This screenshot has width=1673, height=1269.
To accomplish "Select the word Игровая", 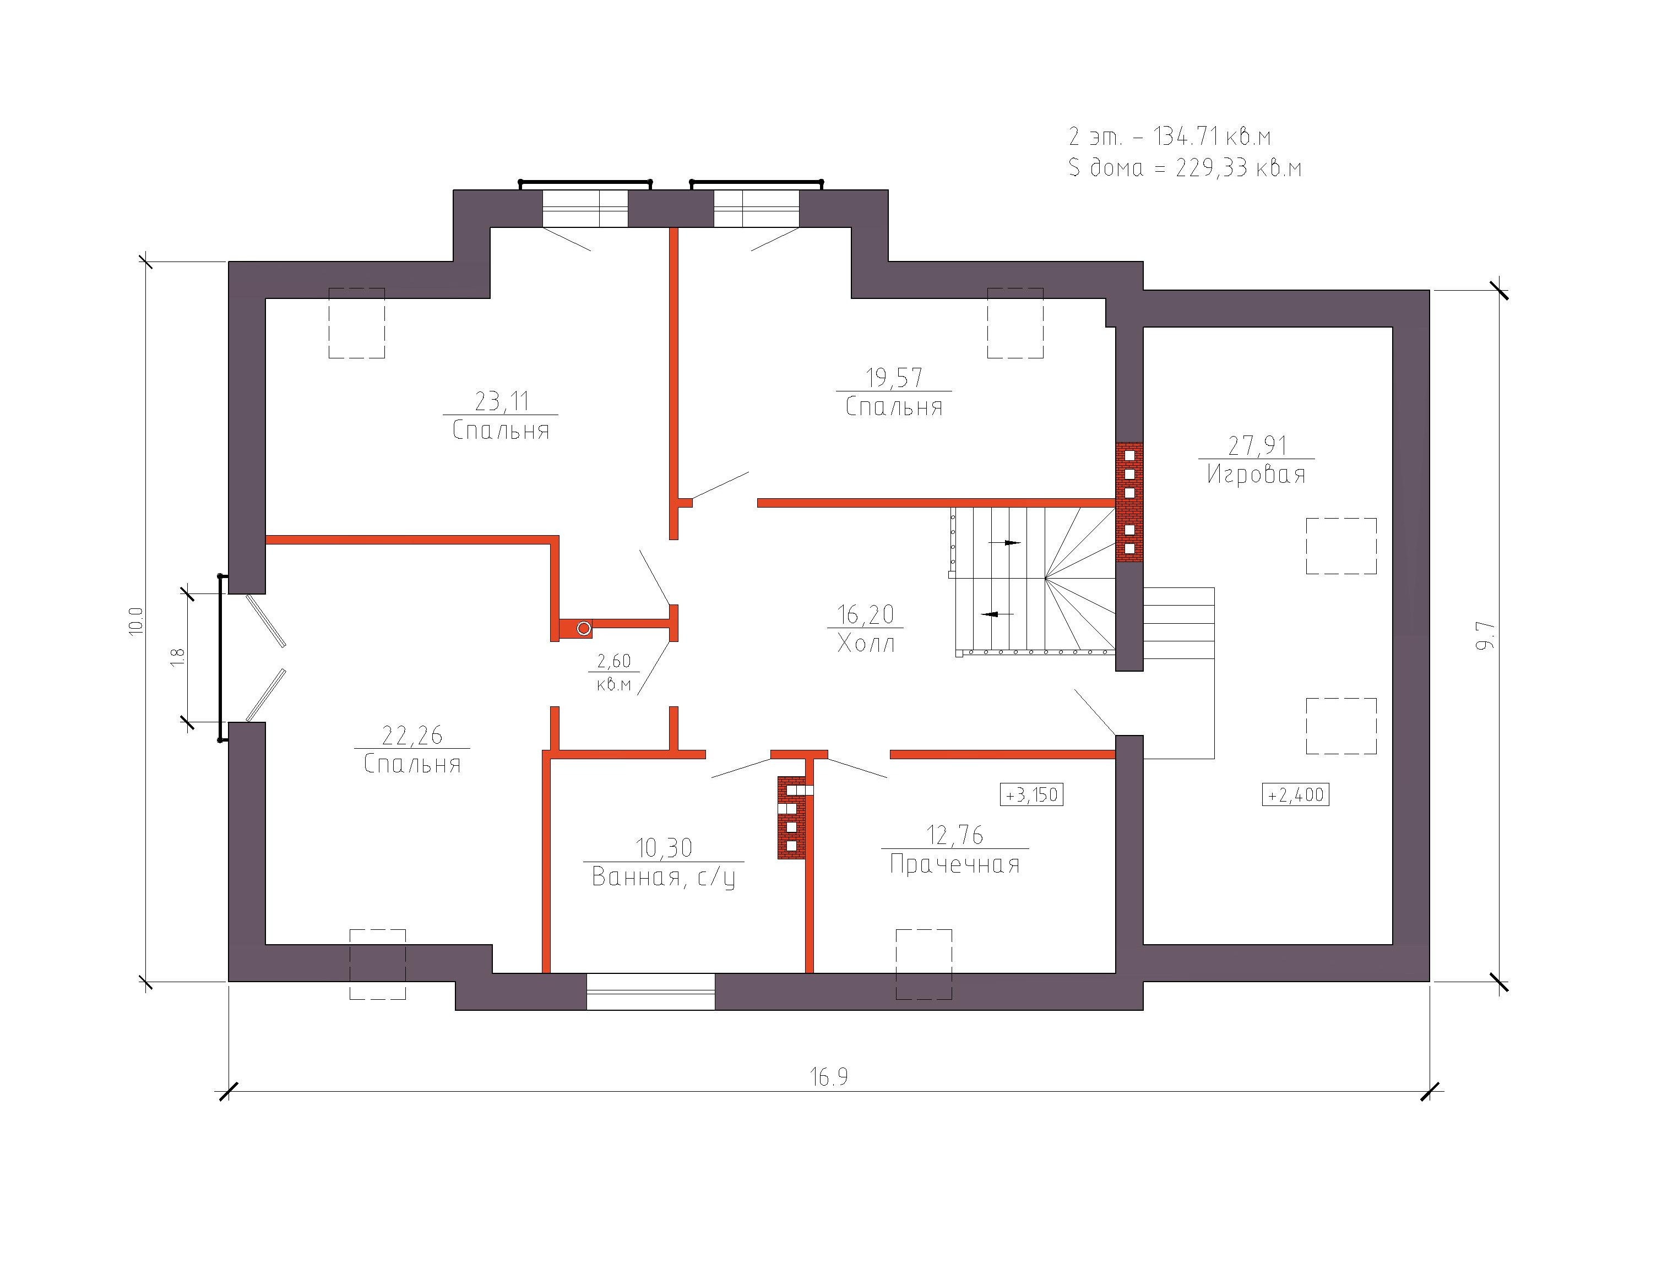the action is click(1256, 474).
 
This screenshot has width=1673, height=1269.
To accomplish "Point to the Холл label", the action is click(866, 644).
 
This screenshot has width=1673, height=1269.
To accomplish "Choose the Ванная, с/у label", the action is click(663, 877).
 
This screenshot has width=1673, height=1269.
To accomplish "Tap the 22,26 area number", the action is click(411, 735).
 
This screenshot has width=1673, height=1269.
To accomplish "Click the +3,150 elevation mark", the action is click(1031, 795).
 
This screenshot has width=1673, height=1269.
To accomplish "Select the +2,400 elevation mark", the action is click(1296, 795).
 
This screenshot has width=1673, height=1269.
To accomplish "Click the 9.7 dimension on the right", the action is click(1487, 635).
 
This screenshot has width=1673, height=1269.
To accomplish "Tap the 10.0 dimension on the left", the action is click(135, 622).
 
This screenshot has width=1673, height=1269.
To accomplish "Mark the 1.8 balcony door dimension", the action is click(178, 656).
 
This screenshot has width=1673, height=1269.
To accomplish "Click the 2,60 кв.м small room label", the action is click(613, 672).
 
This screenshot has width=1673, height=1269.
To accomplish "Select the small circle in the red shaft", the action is click(583, 629).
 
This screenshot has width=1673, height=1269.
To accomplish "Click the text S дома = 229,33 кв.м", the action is click(1185, 167).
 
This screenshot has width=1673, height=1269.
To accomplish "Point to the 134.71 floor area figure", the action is click(1185, 137).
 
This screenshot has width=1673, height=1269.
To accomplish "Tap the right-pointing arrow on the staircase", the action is click(1004, 543).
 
